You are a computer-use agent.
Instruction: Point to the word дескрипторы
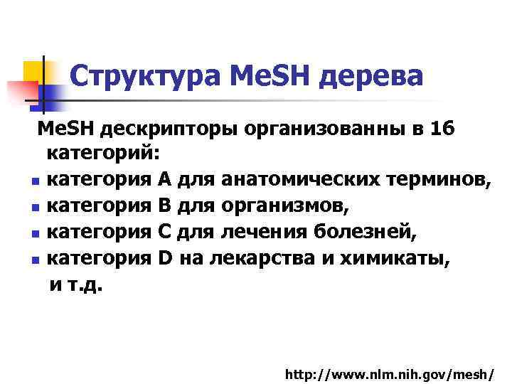click(x=165, y=130)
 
